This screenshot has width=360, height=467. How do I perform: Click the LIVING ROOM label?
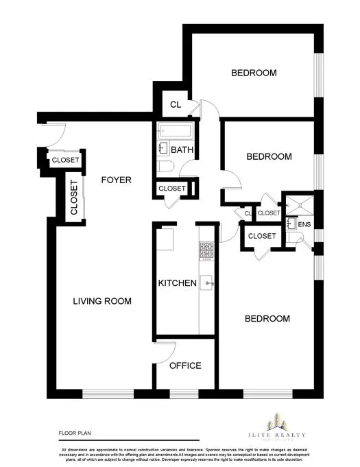(x=102, y=301)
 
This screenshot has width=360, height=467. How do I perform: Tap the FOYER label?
(x=116, y=180)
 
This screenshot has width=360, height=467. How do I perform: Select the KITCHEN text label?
(x=178, y=283)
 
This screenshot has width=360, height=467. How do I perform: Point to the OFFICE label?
(x=185, y=366)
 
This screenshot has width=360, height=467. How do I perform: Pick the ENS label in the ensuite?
(x=304, y=224)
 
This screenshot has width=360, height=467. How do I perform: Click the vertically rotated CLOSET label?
(x=73, y=197)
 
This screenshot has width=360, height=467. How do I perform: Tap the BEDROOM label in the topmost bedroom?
(x=253, y=73)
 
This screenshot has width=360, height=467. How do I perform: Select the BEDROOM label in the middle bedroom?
(x=269, y=156)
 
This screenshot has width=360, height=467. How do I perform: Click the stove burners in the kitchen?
(x=204, y=251)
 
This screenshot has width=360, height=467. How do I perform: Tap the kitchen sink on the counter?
(x=207, y=283)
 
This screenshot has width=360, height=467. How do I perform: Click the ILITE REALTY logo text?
(x=278, y=435)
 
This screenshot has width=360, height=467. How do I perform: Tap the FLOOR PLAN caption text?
(x=74, y=433)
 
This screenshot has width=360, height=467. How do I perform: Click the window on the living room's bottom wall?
(x=101, y=394)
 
